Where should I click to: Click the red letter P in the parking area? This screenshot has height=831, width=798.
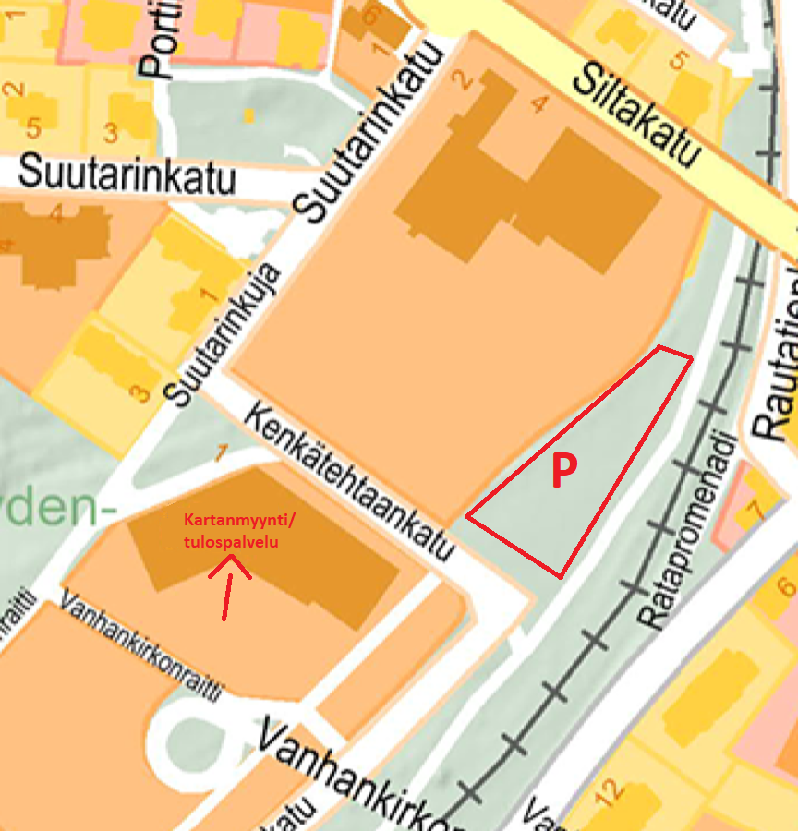coord(563,471)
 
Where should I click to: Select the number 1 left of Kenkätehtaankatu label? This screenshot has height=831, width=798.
coord(221,452)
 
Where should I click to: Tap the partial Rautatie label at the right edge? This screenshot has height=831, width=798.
coord(776,369)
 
